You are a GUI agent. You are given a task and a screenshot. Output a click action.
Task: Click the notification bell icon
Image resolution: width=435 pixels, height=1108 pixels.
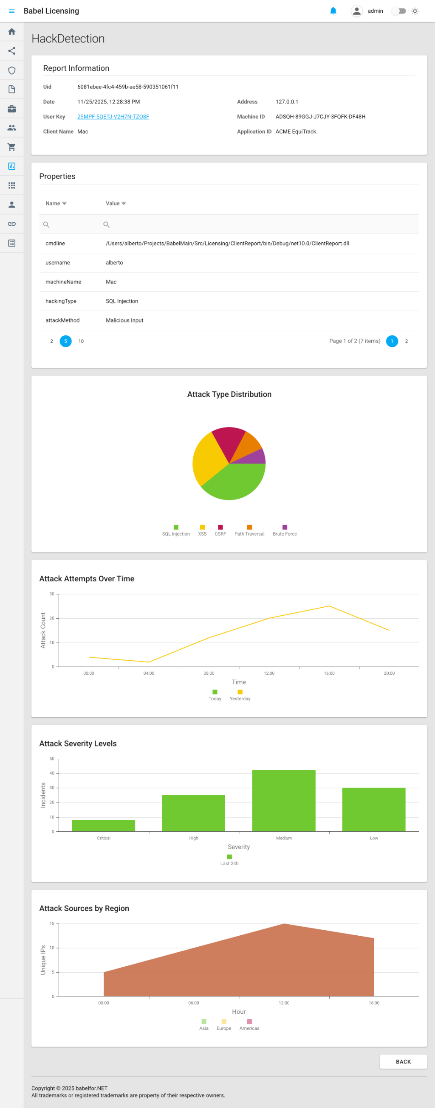[x=333, y=11]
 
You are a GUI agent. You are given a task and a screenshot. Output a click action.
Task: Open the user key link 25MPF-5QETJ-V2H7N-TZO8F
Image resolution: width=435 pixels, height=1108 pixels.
[x=113, y=117]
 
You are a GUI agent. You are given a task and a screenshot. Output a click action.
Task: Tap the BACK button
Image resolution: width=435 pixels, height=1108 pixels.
[x=403, y=1062]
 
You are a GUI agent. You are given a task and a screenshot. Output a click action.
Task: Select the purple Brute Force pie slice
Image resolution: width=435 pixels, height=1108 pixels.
[x=257, y=457]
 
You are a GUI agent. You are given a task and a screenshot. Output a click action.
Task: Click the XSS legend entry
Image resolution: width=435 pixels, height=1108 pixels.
[x=202, y=530]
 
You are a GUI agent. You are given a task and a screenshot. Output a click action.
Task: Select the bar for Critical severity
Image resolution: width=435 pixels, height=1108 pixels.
[x=103, y=825]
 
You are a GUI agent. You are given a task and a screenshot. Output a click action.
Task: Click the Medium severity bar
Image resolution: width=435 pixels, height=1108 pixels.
[x=283, y=800]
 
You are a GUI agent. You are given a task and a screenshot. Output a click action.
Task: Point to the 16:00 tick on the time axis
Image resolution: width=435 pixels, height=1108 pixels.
[x=329, y=673]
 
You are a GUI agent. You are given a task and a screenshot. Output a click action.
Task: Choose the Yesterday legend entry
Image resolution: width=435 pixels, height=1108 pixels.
[x=240, y=695]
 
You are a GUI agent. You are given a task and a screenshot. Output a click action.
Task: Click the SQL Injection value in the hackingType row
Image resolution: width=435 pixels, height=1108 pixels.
[x=122, y=301]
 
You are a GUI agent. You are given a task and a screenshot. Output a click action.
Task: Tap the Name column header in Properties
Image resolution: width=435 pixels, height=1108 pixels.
[x=53, y=203]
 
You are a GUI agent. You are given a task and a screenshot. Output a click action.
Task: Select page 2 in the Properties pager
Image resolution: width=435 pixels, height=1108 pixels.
[x=406, y=341]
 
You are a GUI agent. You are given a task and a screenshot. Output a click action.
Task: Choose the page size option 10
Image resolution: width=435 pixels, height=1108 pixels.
[x=81, y=341]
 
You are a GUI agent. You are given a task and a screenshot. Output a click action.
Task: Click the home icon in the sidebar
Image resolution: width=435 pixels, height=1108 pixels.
[x=11, y=32]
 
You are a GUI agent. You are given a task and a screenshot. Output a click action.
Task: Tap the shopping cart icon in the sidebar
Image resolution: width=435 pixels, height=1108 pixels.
[x=11, y=147]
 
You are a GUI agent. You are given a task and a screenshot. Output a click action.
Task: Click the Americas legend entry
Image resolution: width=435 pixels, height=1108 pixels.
[x=249, y=1025]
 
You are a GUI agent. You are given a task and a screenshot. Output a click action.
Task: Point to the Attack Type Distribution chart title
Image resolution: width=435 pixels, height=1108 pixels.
[x=229, y=394]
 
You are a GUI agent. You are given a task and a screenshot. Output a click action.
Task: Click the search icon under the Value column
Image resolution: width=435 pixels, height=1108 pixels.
[x=106, y=224]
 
